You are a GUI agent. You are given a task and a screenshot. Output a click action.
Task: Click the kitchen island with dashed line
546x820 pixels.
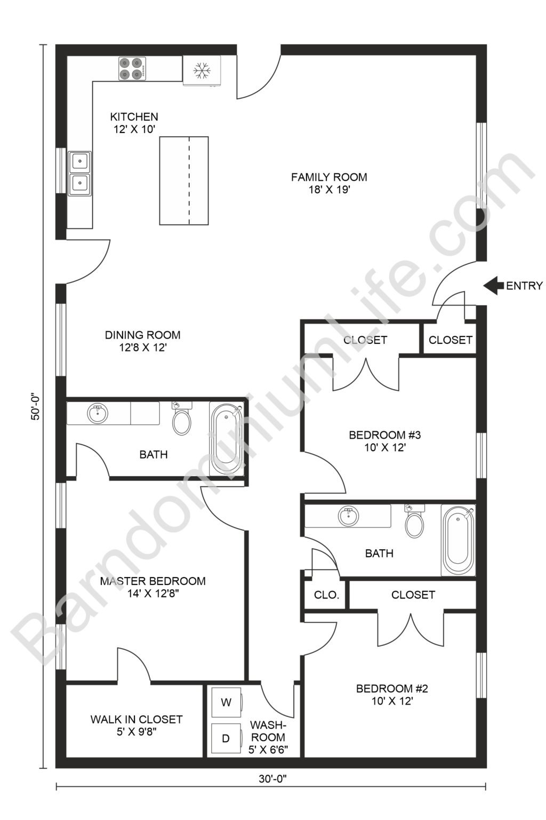184,180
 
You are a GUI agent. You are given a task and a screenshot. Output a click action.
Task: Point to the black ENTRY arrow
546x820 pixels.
493,286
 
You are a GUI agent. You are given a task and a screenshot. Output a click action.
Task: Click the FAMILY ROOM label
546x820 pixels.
329,177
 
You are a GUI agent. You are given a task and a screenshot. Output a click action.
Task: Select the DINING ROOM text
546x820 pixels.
142,335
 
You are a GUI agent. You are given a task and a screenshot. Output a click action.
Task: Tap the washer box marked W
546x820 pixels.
226,703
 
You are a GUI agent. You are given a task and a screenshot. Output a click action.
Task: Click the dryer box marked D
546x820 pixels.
226,738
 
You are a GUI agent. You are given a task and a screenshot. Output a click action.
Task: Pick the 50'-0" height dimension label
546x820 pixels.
36,406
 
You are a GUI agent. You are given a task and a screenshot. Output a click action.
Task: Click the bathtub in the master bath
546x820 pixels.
227,438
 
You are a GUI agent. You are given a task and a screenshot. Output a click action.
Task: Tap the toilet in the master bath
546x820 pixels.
182,419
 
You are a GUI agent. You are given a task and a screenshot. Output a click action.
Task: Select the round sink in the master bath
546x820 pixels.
97,413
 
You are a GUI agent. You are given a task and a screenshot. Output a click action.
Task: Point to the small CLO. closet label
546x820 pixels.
326,595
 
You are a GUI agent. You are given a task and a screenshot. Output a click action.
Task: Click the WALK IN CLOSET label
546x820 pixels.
136,720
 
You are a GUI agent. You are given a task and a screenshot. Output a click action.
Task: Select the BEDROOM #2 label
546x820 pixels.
392,689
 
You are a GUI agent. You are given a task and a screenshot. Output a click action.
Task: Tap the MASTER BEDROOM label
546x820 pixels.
152,581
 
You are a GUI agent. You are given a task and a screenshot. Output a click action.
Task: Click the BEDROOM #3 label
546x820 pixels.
385,435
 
